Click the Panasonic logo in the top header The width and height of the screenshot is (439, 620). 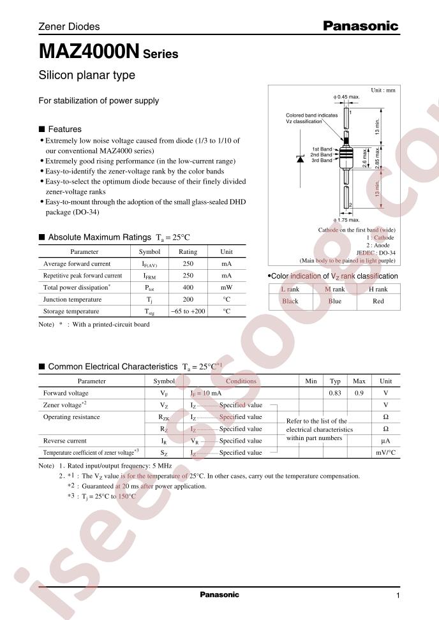coord(360,26)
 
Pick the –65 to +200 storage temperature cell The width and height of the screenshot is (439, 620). coord(188,311)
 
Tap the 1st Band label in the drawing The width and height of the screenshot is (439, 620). coord(322,148)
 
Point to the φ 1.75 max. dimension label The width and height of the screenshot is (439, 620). coord(346,221)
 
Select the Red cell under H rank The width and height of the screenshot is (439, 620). coord(378,301)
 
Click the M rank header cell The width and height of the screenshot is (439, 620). coord(334,289)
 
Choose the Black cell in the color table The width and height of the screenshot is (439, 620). coord(290,301)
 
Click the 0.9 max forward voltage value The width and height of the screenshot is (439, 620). coord(359,393)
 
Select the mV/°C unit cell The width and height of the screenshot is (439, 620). coord(385,452)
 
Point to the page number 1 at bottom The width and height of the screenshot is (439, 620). coord(398,595)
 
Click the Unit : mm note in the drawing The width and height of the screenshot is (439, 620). coord(383,91)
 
